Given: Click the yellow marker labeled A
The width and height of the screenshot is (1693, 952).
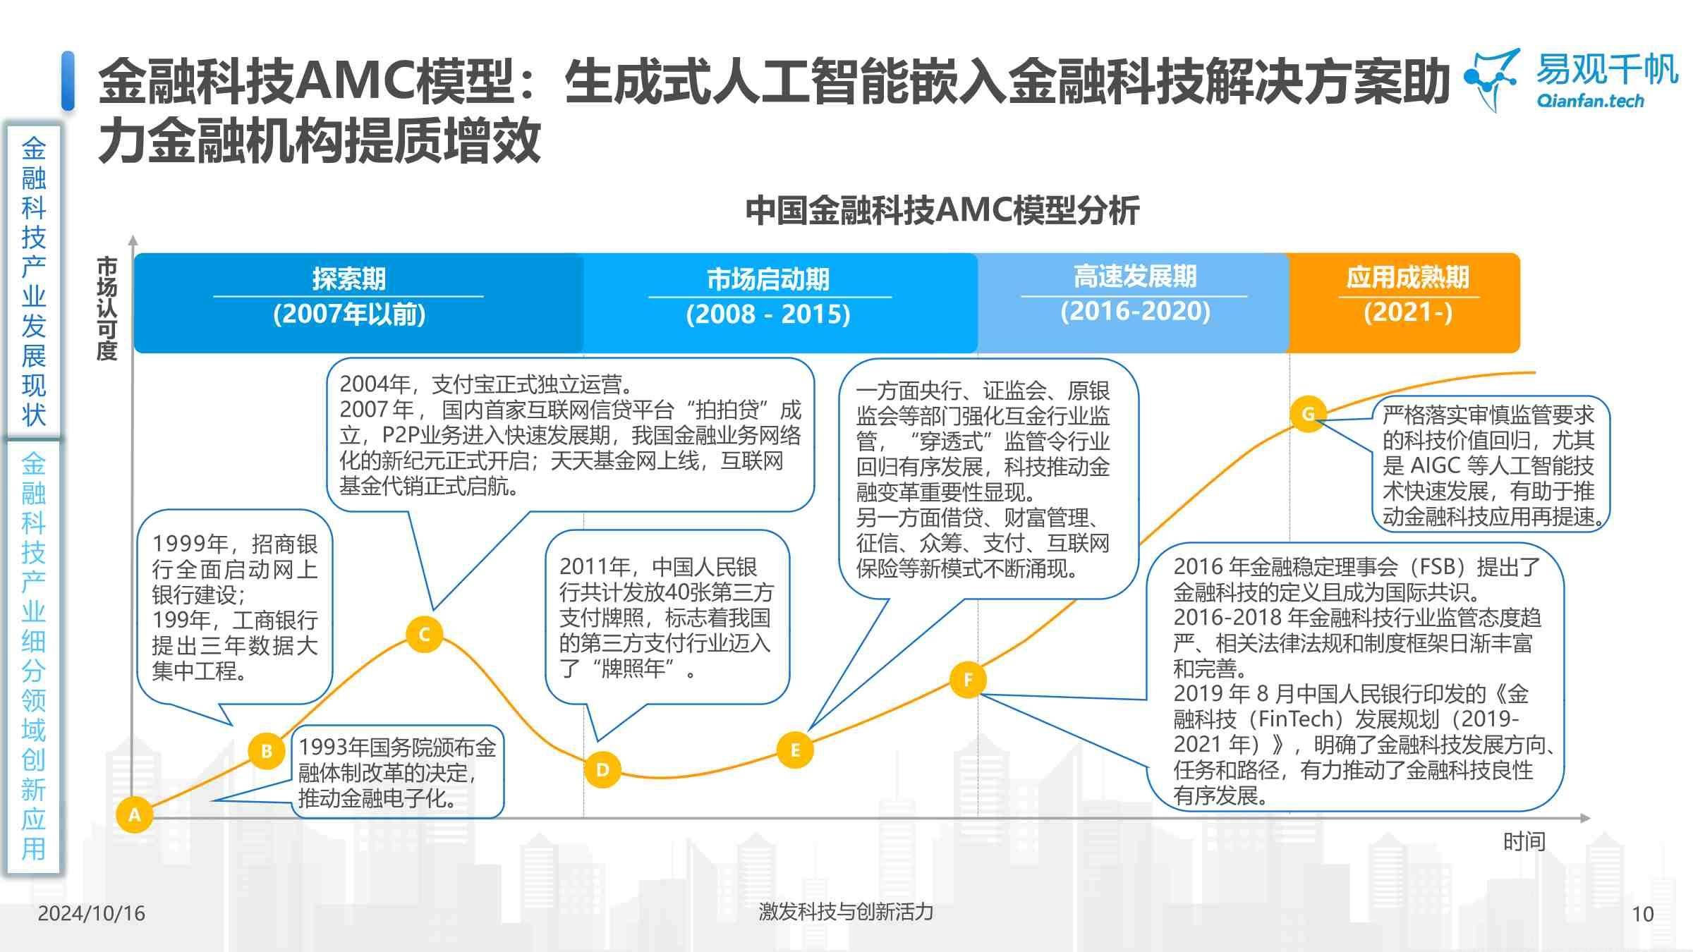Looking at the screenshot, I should coord(134,815).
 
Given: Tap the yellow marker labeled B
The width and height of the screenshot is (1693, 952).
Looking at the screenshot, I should coord(267,751).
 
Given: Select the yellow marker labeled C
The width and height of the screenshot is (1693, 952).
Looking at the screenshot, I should coord(424,635).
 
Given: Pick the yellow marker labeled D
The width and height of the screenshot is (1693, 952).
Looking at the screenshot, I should coord(602,769).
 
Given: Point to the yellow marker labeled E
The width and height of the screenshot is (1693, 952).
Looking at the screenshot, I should coord(795,750).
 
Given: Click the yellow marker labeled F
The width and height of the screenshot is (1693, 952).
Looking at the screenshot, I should coord(968,680).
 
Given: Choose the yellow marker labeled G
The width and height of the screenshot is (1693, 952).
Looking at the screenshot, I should coord(1308,414).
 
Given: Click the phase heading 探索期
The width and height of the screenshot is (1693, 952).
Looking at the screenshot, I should coord(349,279).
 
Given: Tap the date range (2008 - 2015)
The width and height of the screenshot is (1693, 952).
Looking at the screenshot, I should coord(768,314).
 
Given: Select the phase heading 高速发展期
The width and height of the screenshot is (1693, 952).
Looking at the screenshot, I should coord(1134,276).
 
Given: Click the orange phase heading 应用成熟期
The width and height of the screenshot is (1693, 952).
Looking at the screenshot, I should coord(1407,277).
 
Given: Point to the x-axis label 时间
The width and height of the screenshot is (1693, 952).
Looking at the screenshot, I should coord(1524,841).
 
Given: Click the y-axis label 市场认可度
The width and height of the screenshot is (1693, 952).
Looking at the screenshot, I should coord(107,309).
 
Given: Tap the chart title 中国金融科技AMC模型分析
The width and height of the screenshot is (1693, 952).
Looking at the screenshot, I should coord(942,210).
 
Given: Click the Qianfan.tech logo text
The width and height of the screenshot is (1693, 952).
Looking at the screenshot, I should coord(1590,102).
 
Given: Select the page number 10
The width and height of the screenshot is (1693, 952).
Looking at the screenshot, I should coord(1643,915).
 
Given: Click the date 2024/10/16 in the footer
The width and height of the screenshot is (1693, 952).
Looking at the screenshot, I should coord(91,914).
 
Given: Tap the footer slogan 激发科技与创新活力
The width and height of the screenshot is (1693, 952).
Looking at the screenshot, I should coord(846,913).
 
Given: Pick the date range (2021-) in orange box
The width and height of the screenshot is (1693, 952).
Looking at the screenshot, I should coord(1407,312).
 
